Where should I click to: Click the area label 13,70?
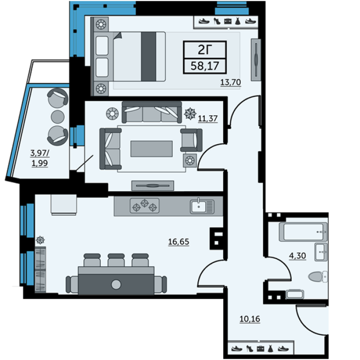[230, 82]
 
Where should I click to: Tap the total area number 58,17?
[205, 66]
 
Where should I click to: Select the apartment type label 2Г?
[205, 49]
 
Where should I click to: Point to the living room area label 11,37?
[207, 118]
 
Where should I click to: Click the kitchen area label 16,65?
[179, 242]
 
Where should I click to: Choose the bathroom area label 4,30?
[297, 256]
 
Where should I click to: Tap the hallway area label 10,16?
[250, 319]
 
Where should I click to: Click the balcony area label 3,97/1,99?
[40, 158]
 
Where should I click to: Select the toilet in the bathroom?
[318, 276]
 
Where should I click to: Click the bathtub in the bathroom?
[303, 232]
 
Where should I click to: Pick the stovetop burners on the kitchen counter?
[144, 206]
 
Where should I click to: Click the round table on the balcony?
[58, 117]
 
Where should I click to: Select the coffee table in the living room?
[152, 149]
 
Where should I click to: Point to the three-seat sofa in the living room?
[152, 112]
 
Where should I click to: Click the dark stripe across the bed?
[148, 57]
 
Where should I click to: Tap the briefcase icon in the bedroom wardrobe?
[228, 21]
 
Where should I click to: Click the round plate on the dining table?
[116, 284]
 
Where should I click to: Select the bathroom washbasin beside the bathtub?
[321, 252]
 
